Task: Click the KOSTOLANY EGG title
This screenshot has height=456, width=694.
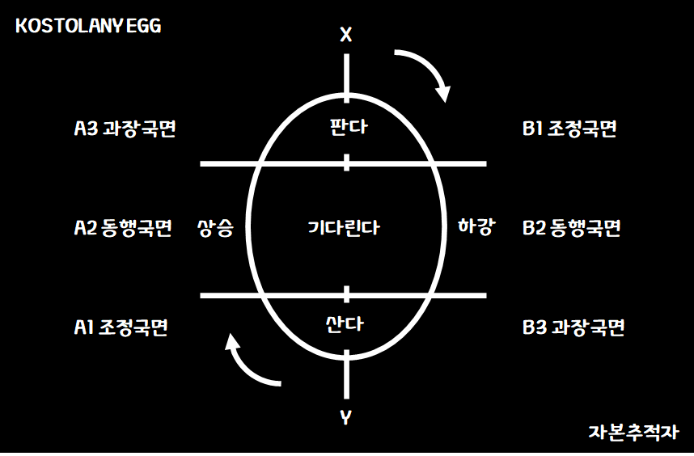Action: coord(88,26)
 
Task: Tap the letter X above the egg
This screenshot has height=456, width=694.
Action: coord(346,35)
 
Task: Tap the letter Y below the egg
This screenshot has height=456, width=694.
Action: coord(346,418)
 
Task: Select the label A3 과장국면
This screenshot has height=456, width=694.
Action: coord(125,129)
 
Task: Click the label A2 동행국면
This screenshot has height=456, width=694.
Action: coord(123,228)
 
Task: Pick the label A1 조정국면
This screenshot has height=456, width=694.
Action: coord(121,327)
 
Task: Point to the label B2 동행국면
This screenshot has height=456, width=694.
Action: coord(572,228)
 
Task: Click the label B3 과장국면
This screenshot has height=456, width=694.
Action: coord(573,327)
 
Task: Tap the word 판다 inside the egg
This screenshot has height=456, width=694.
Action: coord(346,128)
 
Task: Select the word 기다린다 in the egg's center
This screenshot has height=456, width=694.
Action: coord(345,228)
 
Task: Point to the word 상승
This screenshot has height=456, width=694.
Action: coord(215,228)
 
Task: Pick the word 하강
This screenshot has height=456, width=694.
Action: coord(476,226)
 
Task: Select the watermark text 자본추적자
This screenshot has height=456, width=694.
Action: coord(633,433)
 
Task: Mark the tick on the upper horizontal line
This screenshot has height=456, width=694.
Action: coord(346,163)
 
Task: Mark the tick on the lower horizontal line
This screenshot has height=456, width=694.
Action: coord(346,294)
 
